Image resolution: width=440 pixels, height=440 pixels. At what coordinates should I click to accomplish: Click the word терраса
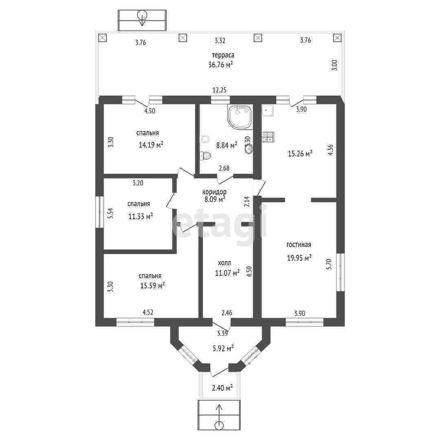pyautogui.click(x=222, y=55)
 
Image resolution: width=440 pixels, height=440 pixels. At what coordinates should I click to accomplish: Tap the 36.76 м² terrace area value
pyautogui.click(x=220, y=64)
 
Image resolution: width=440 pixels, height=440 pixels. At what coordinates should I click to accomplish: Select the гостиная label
pyautogui.click(x=299, y=244)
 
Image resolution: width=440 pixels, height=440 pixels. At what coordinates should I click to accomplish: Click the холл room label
pyautogui.click(x=227, y=263)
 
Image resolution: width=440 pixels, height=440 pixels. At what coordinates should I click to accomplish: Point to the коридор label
pyautogui.click(x=214, y=192)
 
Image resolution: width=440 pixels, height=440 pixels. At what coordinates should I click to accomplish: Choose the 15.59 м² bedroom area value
pyautogui.click(x=152, y=286)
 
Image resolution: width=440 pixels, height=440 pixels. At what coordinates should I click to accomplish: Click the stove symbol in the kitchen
pyautogui.click(x=268, y=137)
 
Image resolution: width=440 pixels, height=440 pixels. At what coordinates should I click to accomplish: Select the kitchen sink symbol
pyautogui.click(x=267, y=110)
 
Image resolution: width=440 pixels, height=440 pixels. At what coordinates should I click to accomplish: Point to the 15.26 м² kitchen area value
pyautogui.click(x=300, y=154)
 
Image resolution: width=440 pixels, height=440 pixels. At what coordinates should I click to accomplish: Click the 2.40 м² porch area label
pyautogui.click(x=222, y=388)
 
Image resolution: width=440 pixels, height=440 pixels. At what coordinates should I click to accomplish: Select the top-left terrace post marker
pyautogui.click(x=102, y=38)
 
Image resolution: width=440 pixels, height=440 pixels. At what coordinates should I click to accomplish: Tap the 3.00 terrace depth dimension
pyautogui.click(x=335, y=65)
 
